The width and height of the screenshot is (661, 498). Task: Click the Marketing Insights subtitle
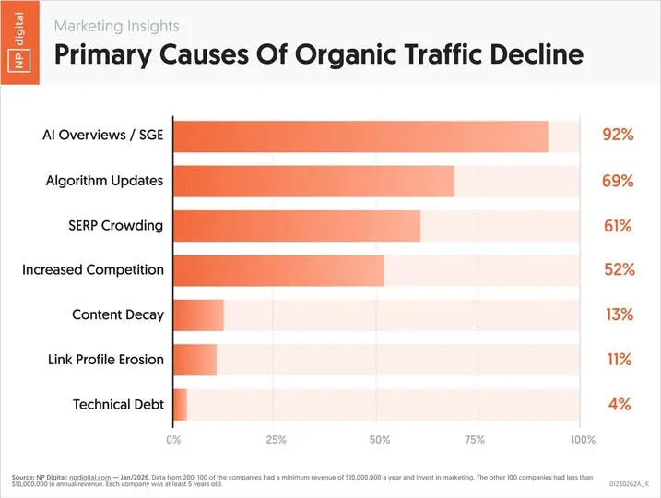[x=116, y=26]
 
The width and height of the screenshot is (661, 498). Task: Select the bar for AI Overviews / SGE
[x=360, y=136]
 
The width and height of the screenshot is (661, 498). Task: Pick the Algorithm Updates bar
[x=313, y=181]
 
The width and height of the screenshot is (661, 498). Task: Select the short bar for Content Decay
[x=198, y=314]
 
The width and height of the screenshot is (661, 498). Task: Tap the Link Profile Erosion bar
[x=195, y=359]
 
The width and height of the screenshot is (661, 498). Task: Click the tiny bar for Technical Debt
[x=181, y=404]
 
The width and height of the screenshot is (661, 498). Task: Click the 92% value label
[x=618, y=136]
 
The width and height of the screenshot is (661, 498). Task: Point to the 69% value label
[x=618, y=181]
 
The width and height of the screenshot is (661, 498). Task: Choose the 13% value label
[x=618, y=314]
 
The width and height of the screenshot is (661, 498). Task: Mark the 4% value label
[x=619, y=404]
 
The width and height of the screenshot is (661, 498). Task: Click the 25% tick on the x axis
[x=275, y=440]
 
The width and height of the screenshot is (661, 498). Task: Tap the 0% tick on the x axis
[x=173, y=440]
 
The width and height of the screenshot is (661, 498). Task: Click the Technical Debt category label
[x=117, y=404]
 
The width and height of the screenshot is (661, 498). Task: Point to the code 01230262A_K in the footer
[x=629, y=483]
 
